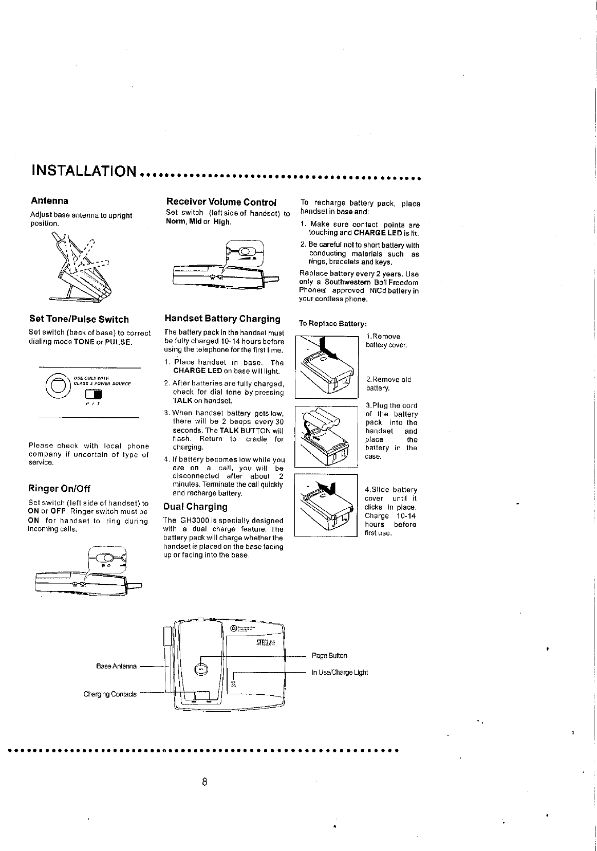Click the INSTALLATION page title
point(84,170)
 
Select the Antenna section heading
point(49,200)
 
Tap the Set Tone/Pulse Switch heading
point(79,319)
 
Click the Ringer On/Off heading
point(59,488)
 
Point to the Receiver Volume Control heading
point(221,201)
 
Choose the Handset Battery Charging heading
point(222,319)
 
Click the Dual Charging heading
point(195,507)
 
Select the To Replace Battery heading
point(333,324)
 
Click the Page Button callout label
point(329,656)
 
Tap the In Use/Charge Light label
point(340,672)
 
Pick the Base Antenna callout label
point(117,666)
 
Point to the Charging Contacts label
point(110,694)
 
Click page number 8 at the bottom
point(204,783)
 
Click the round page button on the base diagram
point(201,669)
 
